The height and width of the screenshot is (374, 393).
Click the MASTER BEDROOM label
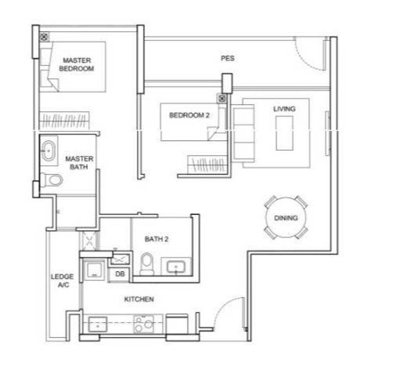[x=77, y=64]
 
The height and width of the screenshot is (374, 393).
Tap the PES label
[x=228, y=58]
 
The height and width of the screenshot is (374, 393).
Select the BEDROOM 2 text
[x=189, y=115]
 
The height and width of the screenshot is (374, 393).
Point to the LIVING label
[x=284, y=109]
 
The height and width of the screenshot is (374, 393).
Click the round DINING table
[x=286, y=217]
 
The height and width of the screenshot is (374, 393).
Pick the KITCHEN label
[x=139, y=299]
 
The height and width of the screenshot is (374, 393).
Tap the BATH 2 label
[x=156, y=239]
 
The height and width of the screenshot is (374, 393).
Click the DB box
[x=120, y=274]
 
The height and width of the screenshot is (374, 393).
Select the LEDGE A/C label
[x=62, y=281]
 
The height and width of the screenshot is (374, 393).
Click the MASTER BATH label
[x=79, y=163]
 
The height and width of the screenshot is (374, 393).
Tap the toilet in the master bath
[x=52, y=180]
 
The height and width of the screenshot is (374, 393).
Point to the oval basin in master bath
[x=48, y=150]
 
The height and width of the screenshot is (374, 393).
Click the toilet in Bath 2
[x=147, y=264]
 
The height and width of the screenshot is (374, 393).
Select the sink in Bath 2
[x=176, y=266]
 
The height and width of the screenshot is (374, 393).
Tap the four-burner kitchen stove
[x=144, y=324]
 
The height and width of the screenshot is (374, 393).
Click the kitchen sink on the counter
[x=98, y=324]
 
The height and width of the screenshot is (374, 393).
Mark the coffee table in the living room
[x=284, y=133]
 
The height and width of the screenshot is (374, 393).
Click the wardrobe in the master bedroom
[x=65, y=120]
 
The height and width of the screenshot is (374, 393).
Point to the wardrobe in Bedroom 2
[x=207, y=164]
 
